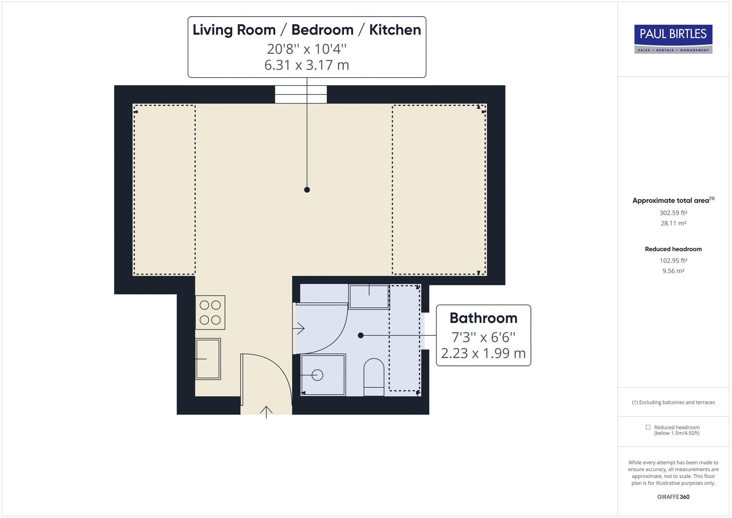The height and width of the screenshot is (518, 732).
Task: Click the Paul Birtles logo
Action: pos(673,39)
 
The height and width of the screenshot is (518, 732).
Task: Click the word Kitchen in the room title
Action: pos(395,30)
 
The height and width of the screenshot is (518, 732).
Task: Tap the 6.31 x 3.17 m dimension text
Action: pos(307,65)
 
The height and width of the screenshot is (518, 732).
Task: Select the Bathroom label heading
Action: pos(483,318)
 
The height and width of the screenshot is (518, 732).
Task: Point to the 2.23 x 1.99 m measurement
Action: pos(483,353)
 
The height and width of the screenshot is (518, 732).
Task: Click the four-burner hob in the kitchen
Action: pos(210,313)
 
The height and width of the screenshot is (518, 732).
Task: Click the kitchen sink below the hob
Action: pos(208,359)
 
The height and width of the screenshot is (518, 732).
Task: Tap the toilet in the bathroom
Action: pos(374,376)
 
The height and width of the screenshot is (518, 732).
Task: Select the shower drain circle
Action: pos(317,375)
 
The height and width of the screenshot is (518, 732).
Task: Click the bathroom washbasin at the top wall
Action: pos(369,297)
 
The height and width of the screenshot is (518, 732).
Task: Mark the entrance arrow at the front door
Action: pos(266,412)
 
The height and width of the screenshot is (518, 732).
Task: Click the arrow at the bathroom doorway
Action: pos(300,328)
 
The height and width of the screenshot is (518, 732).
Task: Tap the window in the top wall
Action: pos(301,94)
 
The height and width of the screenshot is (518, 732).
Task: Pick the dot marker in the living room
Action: pos(307,190)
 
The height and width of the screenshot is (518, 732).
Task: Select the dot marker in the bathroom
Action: pos(361,335)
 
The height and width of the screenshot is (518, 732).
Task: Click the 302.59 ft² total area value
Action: pos(673,213)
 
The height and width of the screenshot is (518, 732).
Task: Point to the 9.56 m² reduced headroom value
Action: pos(673,271)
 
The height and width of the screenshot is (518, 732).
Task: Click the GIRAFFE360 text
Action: pos(673,497)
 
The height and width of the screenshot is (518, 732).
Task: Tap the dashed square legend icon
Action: pos(648,427)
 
